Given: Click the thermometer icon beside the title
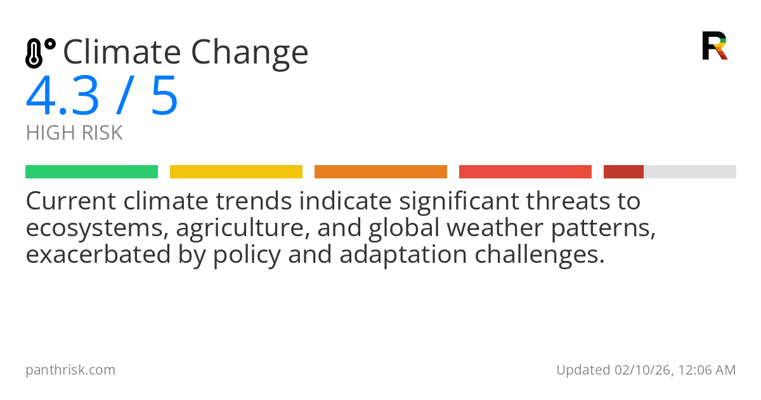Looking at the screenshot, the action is [x=40, y=53].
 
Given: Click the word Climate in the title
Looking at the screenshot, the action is [x=122, y=51].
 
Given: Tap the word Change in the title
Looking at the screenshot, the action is [x=250, y=54].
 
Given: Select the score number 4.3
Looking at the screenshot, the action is [x=63, y=95].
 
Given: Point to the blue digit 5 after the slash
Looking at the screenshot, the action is [x=165, y=96].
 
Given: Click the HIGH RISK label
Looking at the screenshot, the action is [x=74, y=133].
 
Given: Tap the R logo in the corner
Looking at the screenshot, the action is [x=715, y=46].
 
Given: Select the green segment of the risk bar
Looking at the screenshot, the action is [x=92, y=172].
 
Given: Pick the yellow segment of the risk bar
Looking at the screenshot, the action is [x=236, y=172].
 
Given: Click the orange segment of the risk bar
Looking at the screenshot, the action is [x=380, y=172].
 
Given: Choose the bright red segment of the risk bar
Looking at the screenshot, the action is [x=525, y=172].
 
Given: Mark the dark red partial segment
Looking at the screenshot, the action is [x=623, y=172].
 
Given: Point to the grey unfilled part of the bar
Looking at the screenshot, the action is [x=690, y=172].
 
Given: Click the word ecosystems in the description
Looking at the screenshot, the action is [x=98, y=229].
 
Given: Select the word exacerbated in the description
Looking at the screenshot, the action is [x=98, y=255].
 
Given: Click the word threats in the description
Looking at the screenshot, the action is [x=568, y=201].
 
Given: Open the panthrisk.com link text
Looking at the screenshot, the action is [x=70, y=370].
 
